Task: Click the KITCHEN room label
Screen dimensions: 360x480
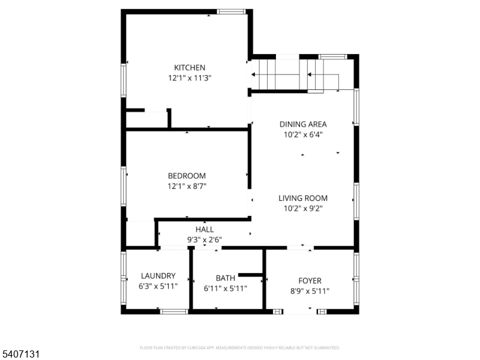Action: (190, 68)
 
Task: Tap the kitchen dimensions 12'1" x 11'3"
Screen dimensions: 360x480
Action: (190, 78)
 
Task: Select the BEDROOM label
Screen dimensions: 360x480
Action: (187, 176)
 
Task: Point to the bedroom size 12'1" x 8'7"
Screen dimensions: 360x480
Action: (187, 186)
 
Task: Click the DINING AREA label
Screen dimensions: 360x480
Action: (303, 124)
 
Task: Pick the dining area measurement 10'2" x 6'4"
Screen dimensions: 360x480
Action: (303, 135)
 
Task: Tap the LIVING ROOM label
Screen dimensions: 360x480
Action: (303, 198)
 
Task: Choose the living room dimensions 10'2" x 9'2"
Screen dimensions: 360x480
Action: (303, 209)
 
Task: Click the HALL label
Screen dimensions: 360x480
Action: (205, 229)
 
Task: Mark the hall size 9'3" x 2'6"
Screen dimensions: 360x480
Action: (205, 239)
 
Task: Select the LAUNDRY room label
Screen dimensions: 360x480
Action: (158, 276)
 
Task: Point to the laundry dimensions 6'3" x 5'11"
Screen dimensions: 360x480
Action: (158, 287)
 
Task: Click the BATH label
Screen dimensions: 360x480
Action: (226, 278)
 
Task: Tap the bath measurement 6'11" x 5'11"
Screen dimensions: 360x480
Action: (226, 288)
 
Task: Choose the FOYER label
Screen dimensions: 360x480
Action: (310, 280)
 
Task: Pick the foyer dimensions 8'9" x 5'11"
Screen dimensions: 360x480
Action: (310, 291)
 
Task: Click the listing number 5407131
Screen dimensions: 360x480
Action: (21, 355)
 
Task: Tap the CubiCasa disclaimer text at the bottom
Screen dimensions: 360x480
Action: (240, 347)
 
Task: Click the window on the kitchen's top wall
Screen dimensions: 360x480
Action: (231, 11)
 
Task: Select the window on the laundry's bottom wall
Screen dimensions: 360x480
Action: (174, 311)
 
